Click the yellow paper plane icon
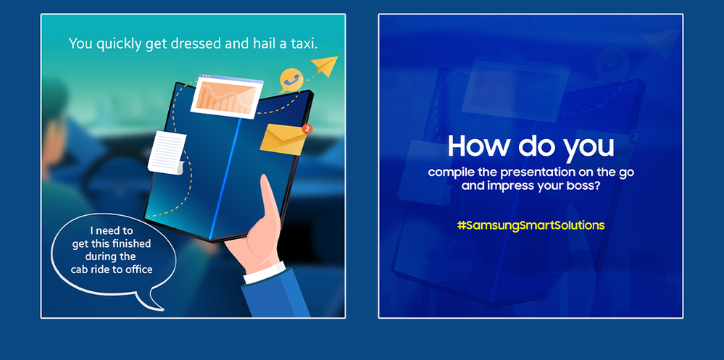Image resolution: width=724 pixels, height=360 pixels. [x=325, y=65]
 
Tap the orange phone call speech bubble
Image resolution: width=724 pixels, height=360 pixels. [x=291, y=80]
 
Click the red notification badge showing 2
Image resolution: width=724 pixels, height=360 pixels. [x=307, y=129]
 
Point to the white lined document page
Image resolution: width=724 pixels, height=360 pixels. [x=167, y=153]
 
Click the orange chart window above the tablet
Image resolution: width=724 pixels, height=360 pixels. [x=227, y=97]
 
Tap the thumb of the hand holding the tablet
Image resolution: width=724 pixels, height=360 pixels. [x=269, y=203]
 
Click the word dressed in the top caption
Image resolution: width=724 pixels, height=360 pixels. [x=194, y=44]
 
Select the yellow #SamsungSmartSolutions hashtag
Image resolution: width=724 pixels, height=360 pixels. [x=530, y=225]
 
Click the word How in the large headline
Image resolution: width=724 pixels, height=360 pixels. [x=478, y=146]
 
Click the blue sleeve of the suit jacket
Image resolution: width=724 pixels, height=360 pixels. [x=277, y=296]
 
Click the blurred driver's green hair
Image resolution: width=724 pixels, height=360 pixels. [x=54, y=99]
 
